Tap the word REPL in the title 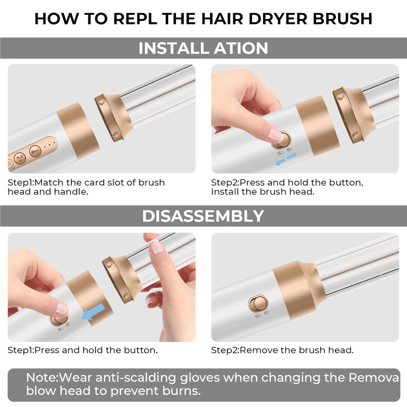pos(135,18)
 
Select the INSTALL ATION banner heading pos(203,48)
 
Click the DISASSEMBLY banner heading pos(203,216)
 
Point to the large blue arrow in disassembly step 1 pos(93,311)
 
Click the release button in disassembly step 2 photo pos(258,303)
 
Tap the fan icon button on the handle pos(20,158)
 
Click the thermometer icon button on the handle pos(35,151)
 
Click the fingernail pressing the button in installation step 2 pos(275,135)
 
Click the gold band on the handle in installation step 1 pos(78,130)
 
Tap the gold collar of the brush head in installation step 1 pos(114,117)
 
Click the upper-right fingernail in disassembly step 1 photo pos(156,247)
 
